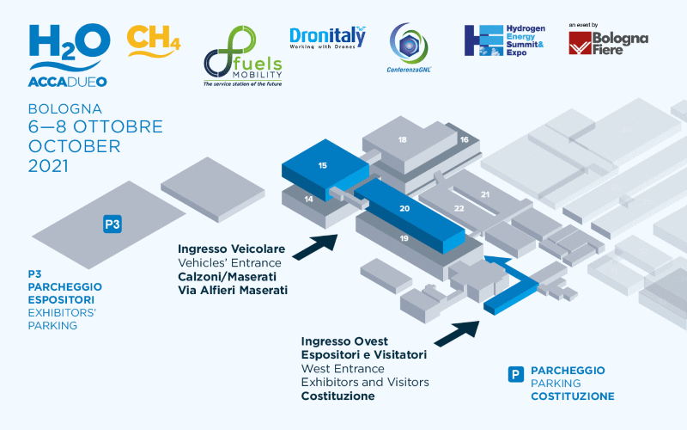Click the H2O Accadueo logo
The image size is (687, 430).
pyautogui.click(x=69, y=53)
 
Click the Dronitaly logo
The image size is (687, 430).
pyautogui.click(x=327, y=38)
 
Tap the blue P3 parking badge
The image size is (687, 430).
pyautogui.click(x=112, y=224)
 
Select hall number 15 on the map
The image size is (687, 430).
pyautogui.click(x=322, y=164)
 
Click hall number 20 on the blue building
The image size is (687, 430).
pyautogui.click(x=404, y=209)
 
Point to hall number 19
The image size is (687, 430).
pyautogui.click(x=403, y=237)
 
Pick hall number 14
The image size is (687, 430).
pyautogui.click(x=307, y=199)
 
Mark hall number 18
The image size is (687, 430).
pyautogui.click(x=402, y=139)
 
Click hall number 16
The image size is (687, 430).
pyautogui.click(x=464, y=138)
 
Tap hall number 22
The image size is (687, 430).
pyautogui.click(x=459, y=208)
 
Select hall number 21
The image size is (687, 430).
pyautogui.click(x=485, y=194)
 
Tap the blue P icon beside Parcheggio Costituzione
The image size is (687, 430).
pyautogui.click(x=515, y=374)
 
